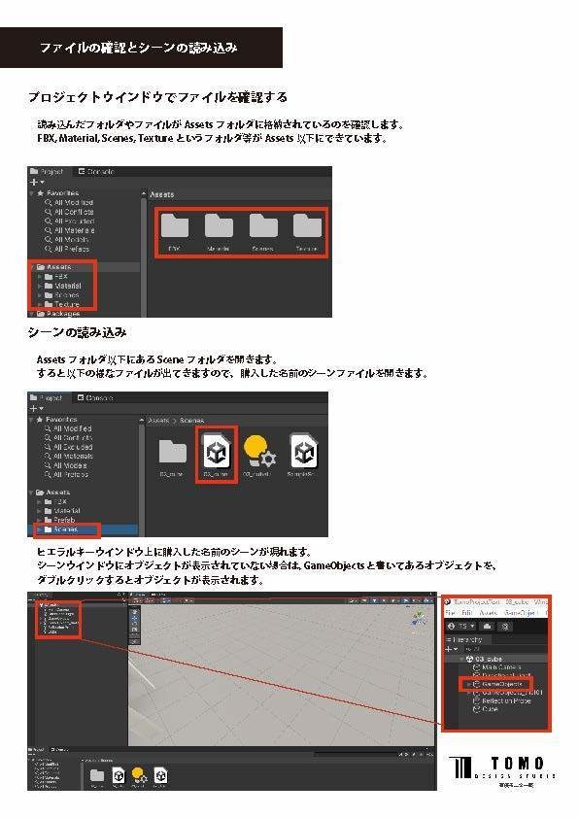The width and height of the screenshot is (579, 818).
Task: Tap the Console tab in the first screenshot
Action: (x=95, y=172)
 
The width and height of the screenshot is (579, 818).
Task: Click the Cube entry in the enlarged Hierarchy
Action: (x=491, y=711)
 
